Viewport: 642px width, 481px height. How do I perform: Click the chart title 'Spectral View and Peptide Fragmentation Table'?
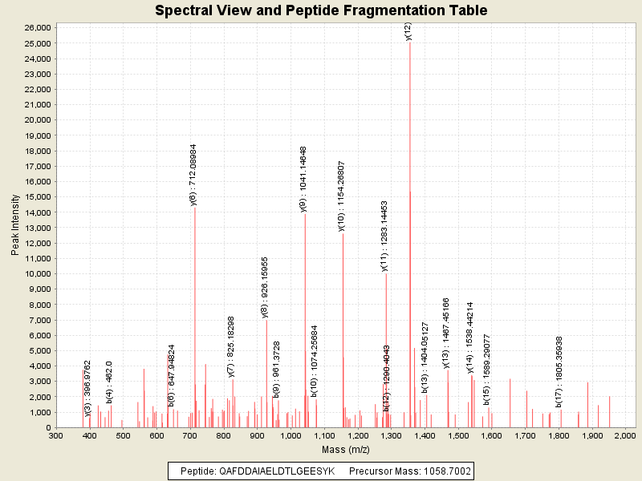click(321, 11)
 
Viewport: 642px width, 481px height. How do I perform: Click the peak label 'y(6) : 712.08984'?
click(193, 175)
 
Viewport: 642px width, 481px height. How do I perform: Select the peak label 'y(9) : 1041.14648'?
click(303, 179)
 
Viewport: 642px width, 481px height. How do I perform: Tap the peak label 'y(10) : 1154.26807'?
click(341, 196)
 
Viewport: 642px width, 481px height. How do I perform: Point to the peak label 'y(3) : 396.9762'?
click(88, 389)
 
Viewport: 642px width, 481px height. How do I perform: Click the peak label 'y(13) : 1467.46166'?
click(446, 333)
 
